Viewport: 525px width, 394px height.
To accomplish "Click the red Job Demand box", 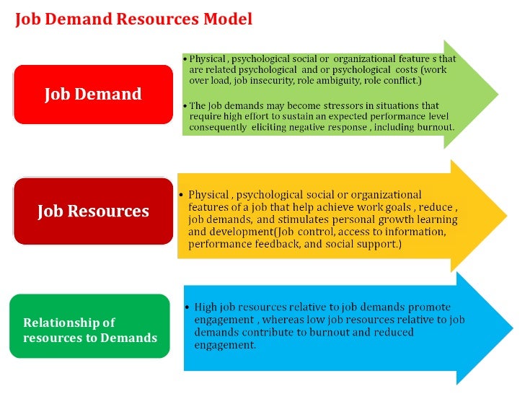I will [94, 95].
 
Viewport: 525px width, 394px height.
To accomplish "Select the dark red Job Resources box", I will [94, 211].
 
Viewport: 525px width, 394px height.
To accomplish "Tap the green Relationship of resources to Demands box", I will [89, 329].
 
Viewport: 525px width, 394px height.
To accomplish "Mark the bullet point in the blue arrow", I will [187, 307].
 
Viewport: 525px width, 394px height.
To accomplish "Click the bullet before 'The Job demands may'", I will [185, 105].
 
